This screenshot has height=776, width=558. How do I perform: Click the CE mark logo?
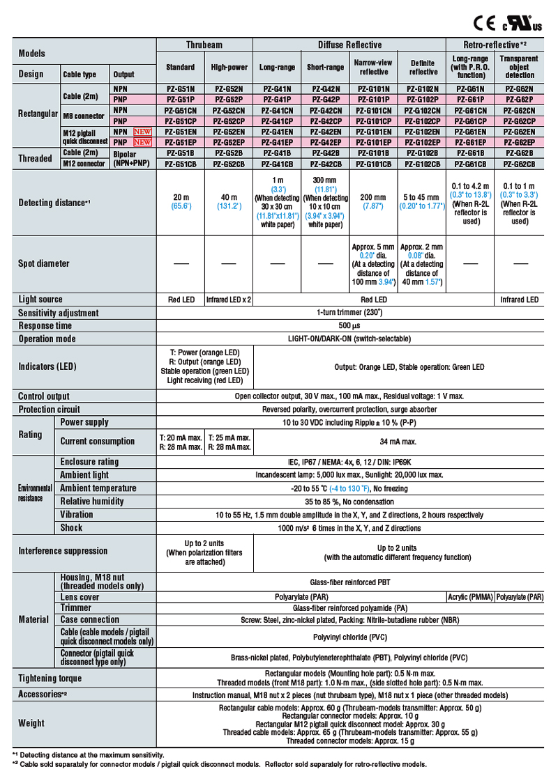pyautogui.click(x=483, y=22)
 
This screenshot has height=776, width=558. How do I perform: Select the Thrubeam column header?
pyautogui.click(x=204, y=45)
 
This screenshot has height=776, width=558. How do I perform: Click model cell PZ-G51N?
pyautogui.click(x=181, y=89)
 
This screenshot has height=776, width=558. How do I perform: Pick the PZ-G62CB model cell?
pyautogui.click(x=519, y=164)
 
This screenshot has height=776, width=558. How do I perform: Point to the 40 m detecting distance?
pyautogui.click(x=229, y=197)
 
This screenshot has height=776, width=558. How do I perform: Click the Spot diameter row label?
pyautogui.click(x=44, y=264)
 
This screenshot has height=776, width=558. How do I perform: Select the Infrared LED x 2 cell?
pyautogui.click(x=229, y=300)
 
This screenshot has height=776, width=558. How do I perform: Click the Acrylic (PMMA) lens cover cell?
pyautogui.click(x=470, y=597)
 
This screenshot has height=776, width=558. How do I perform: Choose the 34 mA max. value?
pyautogui.click(x=398, y=441)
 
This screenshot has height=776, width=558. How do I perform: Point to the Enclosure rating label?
pyautogui.click(x=89, y=461)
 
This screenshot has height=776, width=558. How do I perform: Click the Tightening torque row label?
pyautogui.click(x=50, y=678)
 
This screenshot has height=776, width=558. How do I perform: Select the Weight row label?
pyautogui.click(x=32, y=723)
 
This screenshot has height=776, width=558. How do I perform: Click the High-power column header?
pyautogui.click(x=229, y=68)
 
